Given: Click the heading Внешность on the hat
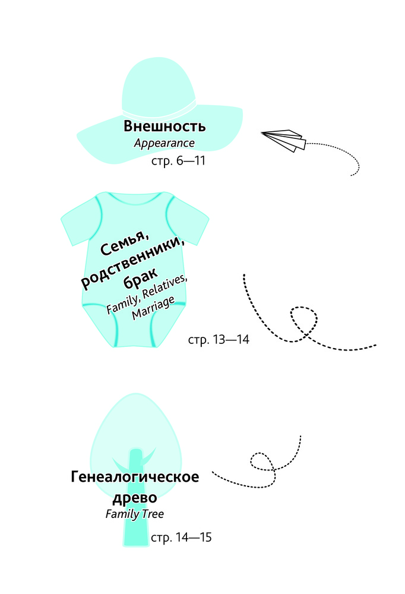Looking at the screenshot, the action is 164,126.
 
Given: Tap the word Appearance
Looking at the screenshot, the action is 164,143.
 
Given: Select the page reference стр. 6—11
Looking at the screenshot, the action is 178,161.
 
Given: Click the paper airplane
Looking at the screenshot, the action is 283,140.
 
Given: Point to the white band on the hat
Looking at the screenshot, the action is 159,111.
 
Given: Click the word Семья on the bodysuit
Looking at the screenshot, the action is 125,242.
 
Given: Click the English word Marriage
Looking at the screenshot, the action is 153,308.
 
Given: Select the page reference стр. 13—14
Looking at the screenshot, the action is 219,339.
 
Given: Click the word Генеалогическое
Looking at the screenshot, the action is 135,476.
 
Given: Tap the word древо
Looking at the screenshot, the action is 135,497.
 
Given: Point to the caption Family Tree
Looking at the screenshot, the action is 134,514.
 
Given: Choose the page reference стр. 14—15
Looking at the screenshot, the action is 181,537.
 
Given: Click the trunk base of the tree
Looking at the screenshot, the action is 135,538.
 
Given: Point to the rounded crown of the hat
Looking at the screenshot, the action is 158,80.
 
